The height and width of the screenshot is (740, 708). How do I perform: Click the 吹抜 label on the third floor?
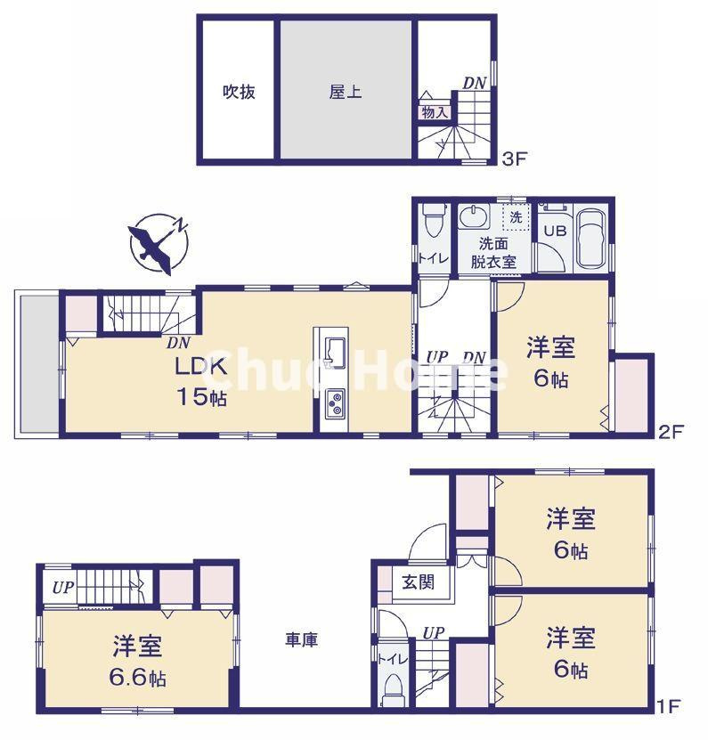coord(239,91)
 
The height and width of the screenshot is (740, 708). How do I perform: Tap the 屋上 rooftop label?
coord(346,91)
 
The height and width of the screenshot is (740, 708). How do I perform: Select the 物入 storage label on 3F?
coord(434,112)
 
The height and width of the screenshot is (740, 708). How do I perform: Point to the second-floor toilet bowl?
coord(433,219)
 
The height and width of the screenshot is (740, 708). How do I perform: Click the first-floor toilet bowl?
coord(393,687)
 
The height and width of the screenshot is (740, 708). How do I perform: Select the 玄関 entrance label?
coord(417,583)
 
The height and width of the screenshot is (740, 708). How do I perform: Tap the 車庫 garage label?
coord(302,638)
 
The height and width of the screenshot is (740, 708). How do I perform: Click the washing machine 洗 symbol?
coord(516,216)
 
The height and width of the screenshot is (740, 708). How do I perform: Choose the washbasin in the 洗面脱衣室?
coord(473,217)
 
